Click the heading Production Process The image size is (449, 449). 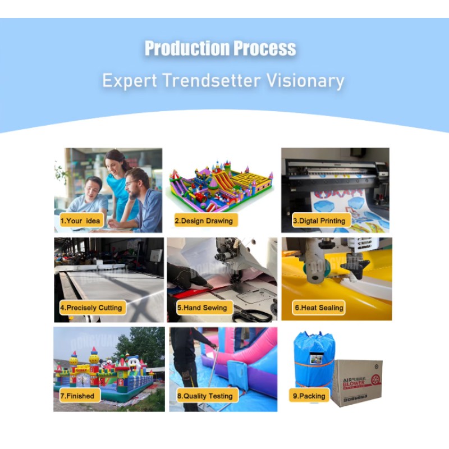pos(220,49)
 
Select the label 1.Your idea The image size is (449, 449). pos(80,221)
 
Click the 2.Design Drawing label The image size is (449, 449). pos(204,221)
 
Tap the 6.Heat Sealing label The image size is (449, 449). pos(319,308)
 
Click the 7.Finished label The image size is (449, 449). pos(78,396)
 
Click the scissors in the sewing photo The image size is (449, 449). pos(251,314)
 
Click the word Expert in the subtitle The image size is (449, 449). pos(130,81)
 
